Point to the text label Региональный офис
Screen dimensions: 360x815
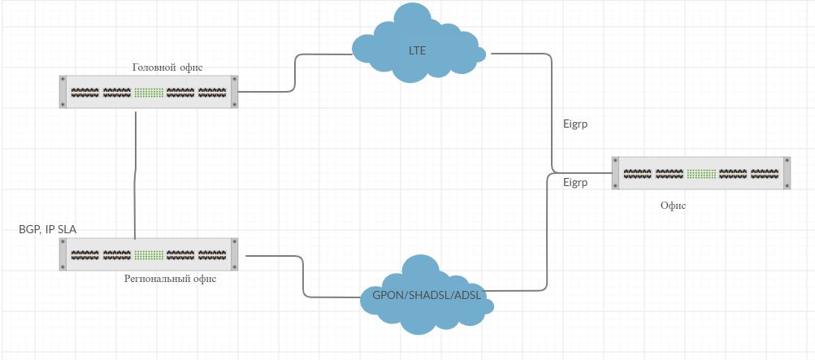point(170,279)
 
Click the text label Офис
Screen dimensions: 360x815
point(673,206)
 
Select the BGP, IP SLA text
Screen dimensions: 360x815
point(48,230)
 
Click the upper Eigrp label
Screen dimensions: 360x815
point(575,125)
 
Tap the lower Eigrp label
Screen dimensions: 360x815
point(575,183)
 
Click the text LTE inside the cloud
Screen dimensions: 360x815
point(417,50)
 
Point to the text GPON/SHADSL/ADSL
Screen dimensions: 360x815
point(427,295)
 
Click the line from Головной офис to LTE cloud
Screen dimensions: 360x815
point(295,73)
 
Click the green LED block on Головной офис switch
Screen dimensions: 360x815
point(149,92)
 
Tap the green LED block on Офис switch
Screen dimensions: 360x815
point(701,173)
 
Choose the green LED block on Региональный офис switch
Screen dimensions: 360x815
point(149,254)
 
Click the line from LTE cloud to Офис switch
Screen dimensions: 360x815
point(553,114)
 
